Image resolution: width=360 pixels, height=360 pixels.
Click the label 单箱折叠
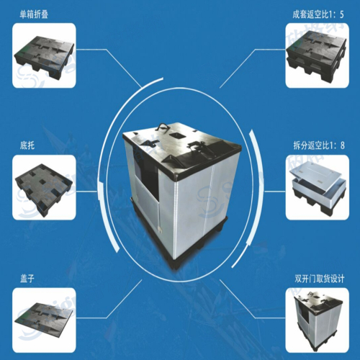tap(34, 14)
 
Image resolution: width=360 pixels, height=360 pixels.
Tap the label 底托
tap(27, 145)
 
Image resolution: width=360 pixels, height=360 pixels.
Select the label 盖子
tap(27, 279)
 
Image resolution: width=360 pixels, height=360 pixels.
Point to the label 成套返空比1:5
tap(318, 14)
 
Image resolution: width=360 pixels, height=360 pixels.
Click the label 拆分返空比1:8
tap(319, 145)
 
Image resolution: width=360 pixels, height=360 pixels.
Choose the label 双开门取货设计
tap(320, 279)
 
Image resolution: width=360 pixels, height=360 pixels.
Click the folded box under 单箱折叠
tap(45, 55)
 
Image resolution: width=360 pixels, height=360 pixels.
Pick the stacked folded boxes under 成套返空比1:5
tap(316, 55)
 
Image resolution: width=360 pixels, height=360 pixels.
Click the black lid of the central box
tap(181, 150)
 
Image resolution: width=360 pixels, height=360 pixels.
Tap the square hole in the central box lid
tap(177, 135)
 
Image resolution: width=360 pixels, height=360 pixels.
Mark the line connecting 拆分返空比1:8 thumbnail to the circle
tap(275, 192)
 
